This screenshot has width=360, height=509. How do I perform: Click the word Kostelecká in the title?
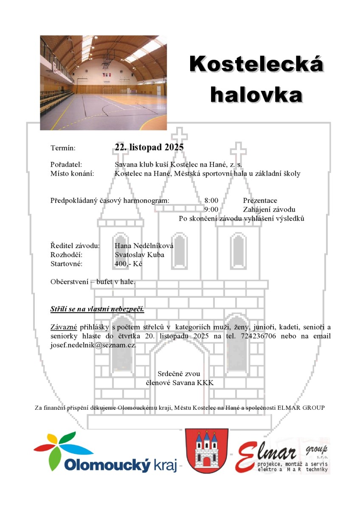click(x=256, y=64)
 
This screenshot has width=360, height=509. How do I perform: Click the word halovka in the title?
click(x=256, y=95)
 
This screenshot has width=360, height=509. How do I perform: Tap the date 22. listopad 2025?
click(x=149, y=147)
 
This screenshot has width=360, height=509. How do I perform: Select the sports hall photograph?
click(x=103, y=82)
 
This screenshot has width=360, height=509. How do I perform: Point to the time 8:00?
click(x=211, y=200)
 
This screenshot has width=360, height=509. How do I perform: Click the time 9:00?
click(x=211, y=209)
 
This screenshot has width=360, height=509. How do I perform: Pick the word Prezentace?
click(x=260, y=200)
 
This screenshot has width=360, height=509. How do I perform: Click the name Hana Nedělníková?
click(x=144, y=246)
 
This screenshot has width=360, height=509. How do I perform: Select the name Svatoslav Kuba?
click(x=139, y=255)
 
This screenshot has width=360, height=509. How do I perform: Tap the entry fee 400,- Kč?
click(x=128, y=263)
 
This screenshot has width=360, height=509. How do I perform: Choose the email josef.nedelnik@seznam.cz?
click(x=93, y=345)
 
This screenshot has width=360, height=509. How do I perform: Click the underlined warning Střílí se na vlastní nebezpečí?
click(x=97, y=308)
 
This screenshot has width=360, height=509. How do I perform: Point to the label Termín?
click(x=63, y=148)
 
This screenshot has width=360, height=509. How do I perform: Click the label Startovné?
click(x=66, y=263)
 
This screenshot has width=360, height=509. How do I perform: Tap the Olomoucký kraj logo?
click(x=105, y=452)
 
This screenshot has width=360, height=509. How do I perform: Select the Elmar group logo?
click(x=281, y=457)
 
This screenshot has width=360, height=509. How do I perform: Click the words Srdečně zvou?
click(x=179, y=374)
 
